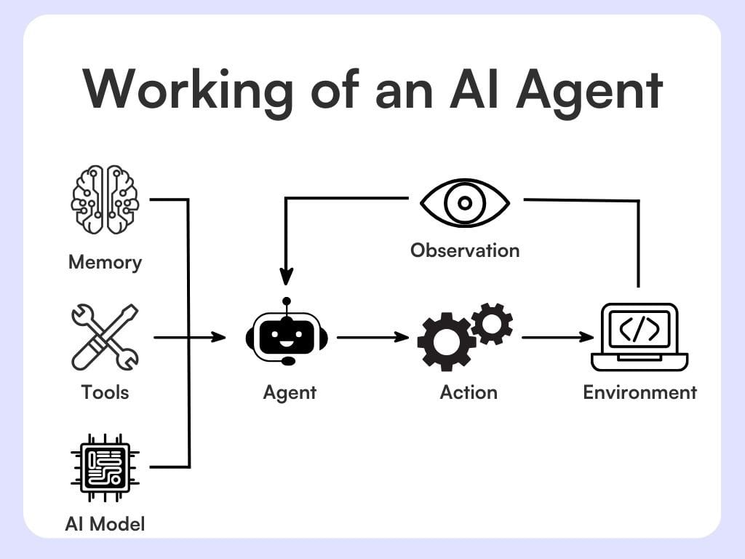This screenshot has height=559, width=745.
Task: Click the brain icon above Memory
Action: (x=105, y=199)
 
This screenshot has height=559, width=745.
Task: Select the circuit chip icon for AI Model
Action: (x=105, y=467)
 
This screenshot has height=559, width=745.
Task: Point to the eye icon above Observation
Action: (x=466, y=201)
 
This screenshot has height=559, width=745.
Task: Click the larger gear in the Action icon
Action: (x=445, y=341)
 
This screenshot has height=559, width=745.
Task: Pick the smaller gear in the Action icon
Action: (x=493, y=323)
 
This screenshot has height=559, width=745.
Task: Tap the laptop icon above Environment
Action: (x=640, y=337)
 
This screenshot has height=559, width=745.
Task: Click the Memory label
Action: (x=105, y=262)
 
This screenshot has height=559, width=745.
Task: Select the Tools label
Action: (x=105, y=392)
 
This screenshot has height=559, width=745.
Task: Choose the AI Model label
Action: (x=105, y=523)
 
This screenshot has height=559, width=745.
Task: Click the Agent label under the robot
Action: (x=290, y=393)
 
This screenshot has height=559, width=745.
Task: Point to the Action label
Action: (x=469, y=392)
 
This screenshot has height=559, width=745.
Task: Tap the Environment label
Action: (x=640, y=392)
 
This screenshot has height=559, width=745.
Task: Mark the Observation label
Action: (x=465, y=250)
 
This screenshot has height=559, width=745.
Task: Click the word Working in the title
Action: (x=188, y=89)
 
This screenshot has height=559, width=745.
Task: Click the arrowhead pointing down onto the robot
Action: (x=287, y=277)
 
